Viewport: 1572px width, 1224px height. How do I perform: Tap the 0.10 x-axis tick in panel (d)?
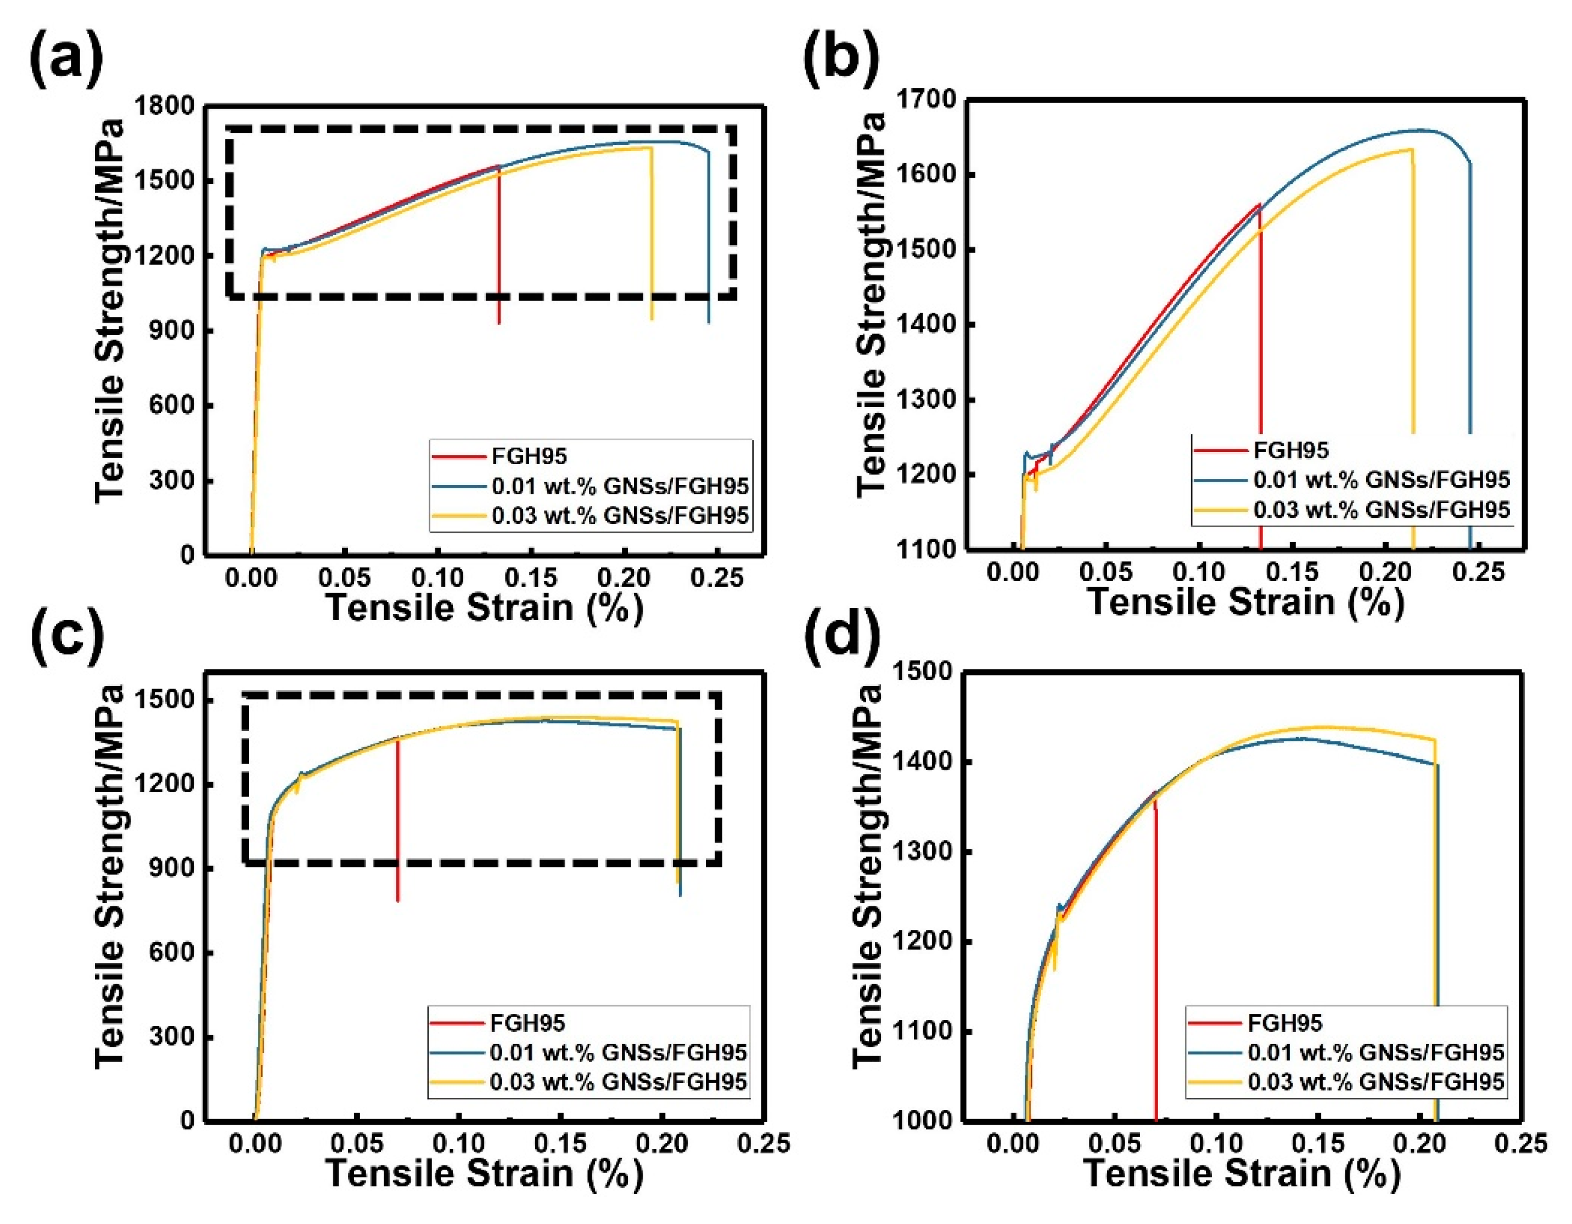(1216, 1143)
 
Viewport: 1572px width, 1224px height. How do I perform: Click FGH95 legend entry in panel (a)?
(529, 456)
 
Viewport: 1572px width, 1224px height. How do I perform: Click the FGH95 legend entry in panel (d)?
(1285, 1023)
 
